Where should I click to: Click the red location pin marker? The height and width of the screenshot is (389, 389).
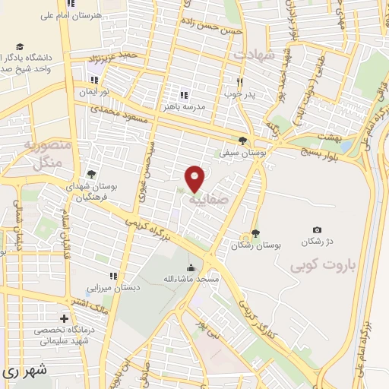[x=195, y=179]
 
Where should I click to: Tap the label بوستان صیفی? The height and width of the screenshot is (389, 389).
[x=242, y=153]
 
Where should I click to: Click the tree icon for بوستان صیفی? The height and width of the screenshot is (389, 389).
[x=242, y=140]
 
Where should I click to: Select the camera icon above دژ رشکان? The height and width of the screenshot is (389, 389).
[x=317, y=229]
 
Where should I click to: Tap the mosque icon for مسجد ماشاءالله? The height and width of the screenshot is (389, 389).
[x=190, y=267]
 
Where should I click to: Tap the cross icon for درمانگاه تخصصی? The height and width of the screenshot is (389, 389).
[x=65, y=319]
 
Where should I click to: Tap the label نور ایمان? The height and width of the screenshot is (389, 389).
[x=94, y=91]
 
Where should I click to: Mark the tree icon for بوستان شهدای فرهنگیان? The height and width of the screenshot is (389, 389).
[x=92, y=174]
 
